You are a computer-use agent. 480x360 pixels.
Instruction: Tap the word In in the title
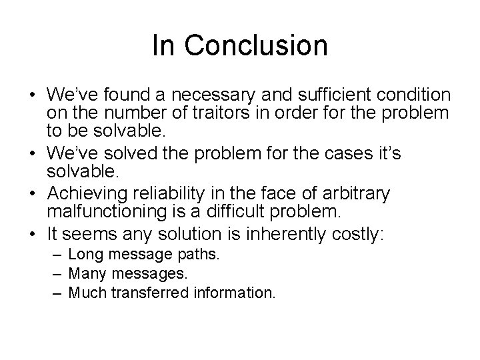click(x=162, y=46)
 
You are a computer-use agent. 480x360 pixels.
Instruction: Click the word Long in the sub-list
click(x=83, y=255)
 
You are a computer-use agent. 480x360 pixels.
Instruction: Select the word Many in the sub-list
click(x=85, y=273)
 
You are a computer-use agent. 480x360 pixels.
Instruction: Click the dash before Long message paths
click(x=59, y=255)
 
